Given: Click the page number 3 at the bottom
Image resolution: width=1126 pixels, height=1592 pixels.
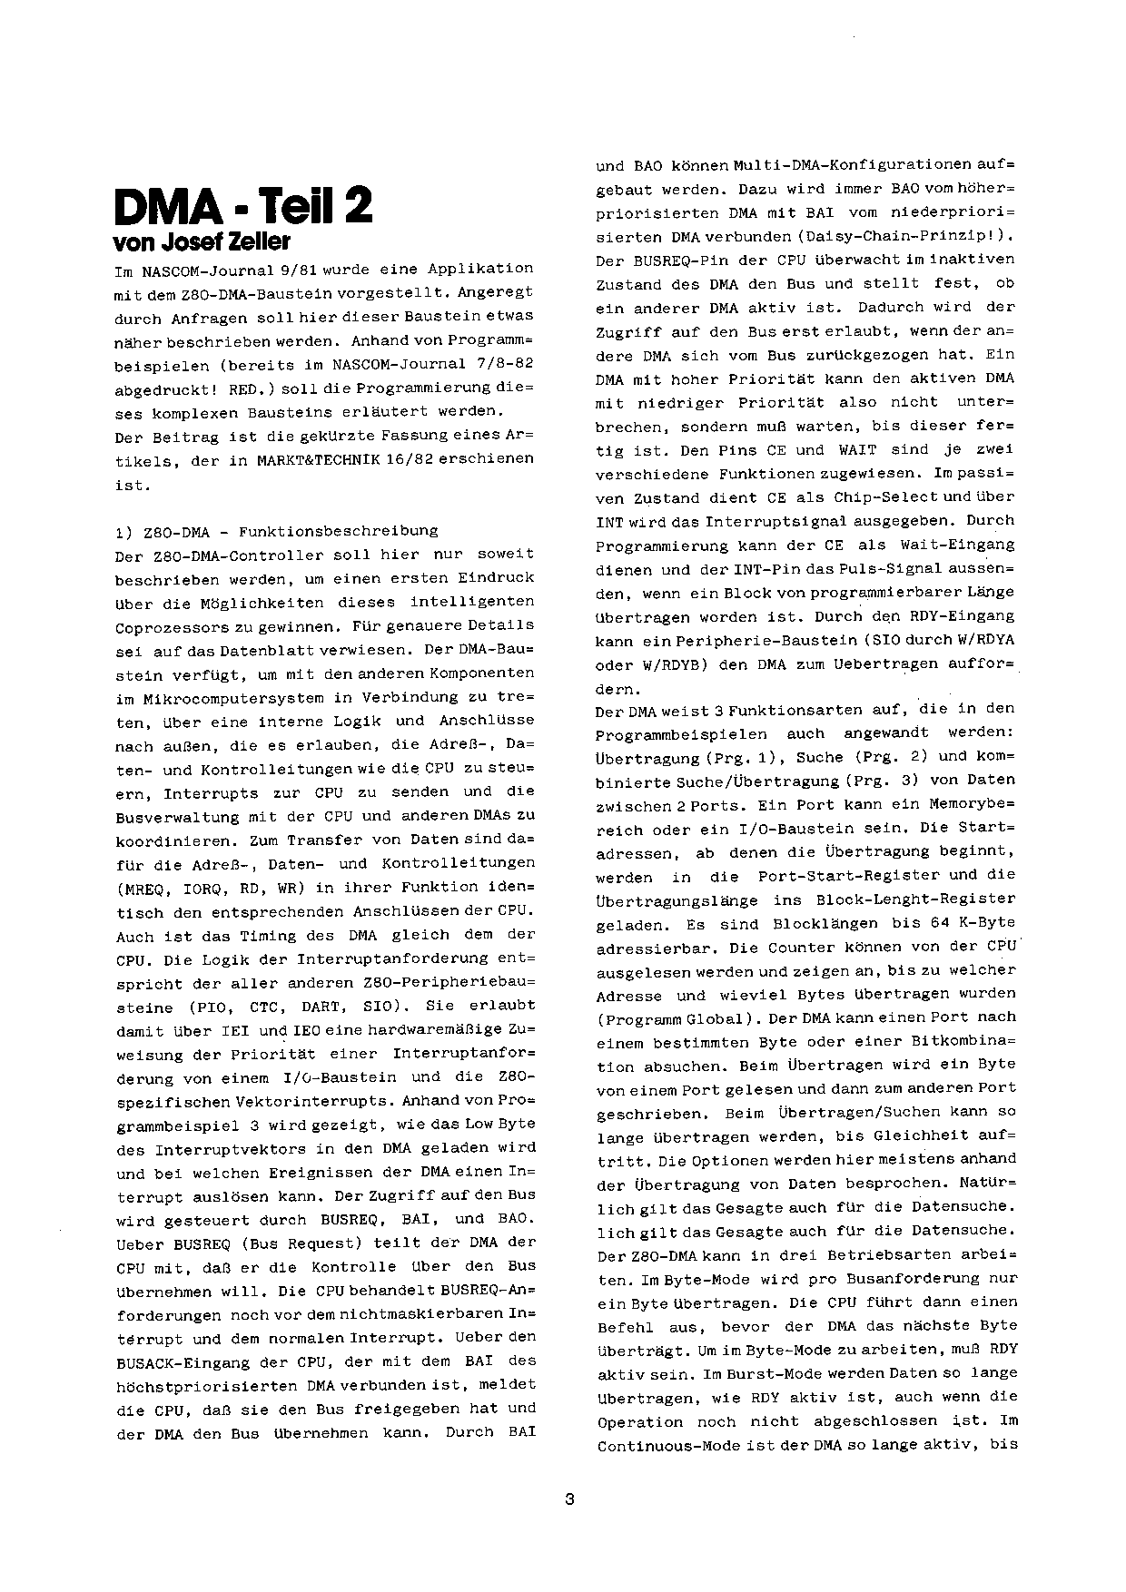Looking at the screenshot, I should (569, 1499).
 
